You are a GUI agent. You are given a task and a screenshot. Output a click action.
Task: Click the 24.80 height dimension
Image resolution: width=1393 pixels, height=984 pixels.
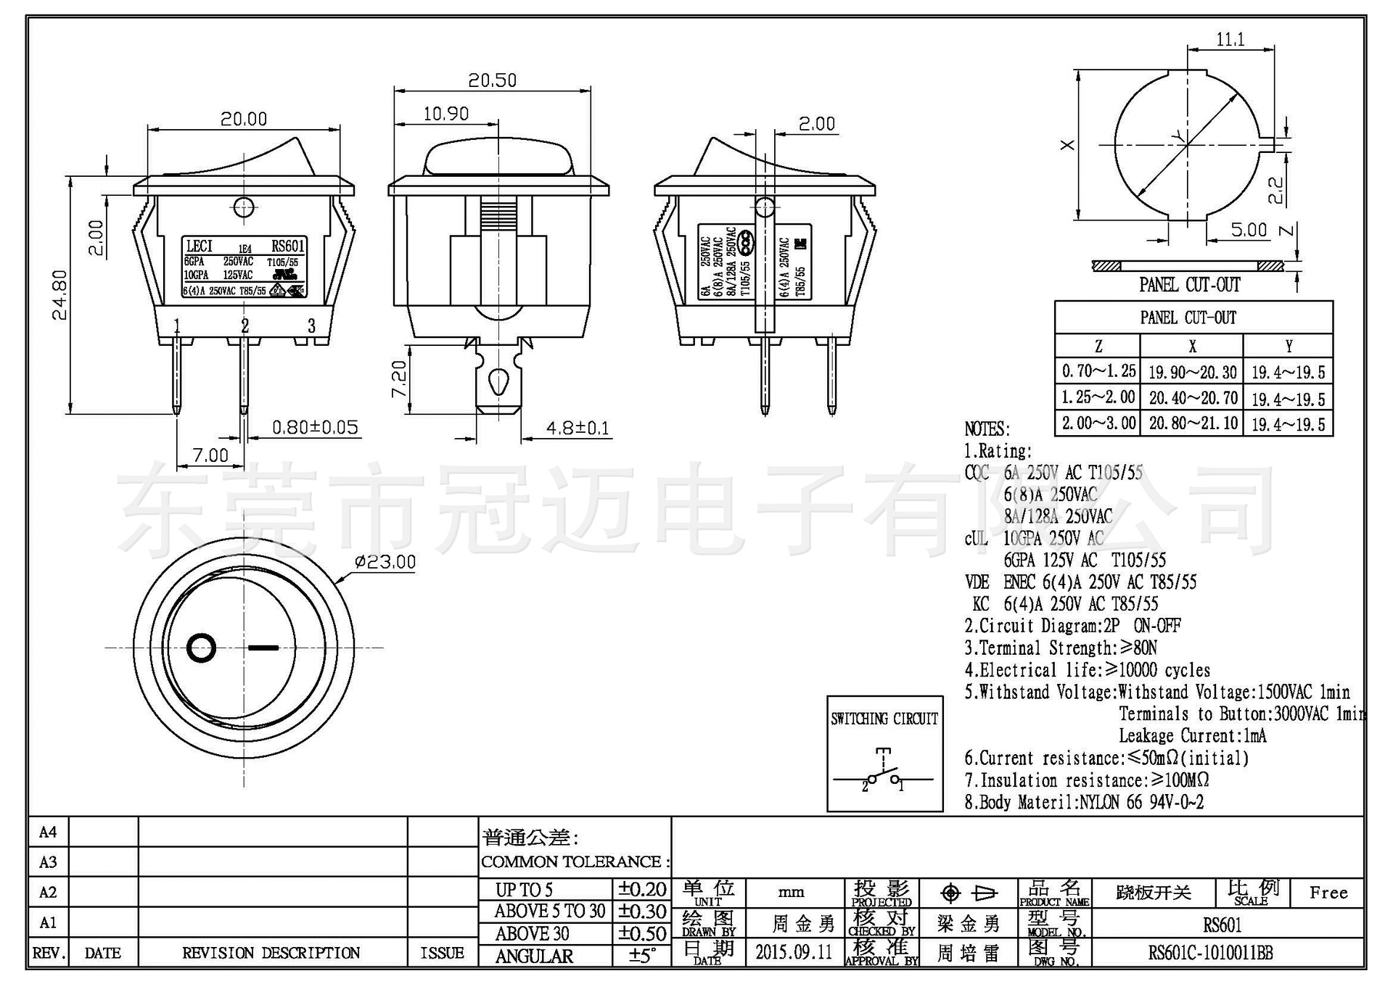(59, 294)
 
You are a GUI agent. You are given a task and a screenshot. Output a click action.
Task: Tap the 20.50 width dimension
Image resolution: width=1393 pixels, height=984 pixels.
(492, 80)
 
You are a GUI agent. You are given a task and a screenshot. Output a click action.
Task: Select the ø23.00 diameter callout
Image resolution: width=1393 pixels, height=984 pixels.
(385, 562)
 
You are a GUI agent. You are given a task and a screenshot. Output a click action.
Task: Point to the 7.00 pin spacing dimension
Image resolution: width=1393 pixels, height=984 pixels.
(210, 455)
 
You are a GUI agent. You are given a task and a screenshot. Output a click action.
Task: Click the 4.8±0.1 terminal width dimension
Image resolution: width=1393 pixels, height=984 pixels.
(578, 428)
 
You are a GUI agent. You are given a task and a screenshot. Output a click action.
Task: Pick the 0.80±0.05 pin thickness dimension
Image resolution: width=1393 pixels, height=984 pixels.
(315, 427)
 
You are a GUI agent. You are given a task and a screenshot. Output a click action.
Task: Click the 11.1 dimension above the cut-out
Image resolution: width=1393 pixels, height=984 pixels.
(1230, 39)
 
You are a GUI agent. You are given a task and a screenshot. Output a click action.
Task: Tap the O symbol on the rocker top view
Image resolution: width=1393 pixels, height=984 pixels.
(202, 648)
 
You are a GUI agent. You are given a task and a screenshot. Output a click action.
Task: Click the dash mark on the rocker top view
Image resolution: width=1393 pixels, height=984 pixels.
(263, 646)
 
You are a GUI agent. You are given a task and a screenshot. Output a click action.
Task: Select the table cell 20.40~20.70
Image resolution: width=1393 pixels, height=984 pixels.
(1193, 398)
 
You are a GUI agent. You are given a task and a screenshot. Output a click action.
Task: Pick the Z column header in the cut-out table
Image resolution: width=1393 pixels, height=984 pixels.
(1098, 347)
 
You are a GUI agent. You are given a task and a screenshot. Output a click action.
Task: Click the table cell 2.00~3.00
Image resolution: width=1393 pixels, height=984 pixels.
(1098, 423)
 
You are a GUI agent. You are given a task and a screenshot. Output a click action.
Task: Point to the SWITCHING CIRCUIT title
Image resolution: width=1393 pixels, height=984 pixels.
(884, 719)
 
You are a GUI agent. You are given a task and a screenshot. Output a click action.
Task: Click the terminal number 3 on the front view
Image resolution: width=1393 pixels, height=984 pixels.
(311, 326)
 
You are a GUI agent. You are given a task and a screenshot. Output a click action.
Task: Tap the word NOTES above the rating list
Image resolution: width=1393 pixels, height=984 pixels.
(987, 429)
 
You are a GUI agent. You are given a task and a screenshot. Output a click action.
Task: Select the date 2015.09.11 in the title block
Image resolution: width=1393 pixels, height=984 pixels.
(794, 952)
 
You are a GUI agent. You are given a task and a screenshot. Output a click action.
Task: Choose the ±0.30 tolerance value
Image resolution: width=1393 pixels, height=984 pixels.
(642, 911)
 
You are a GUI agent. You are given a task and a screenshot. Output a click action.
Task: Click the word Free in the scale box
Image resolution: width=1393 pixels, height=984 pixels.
(1328, 893)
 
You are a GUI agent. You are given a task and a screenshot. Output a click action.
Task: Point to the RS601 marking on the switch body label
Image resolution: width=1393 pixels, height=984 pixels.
(287, 247)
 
